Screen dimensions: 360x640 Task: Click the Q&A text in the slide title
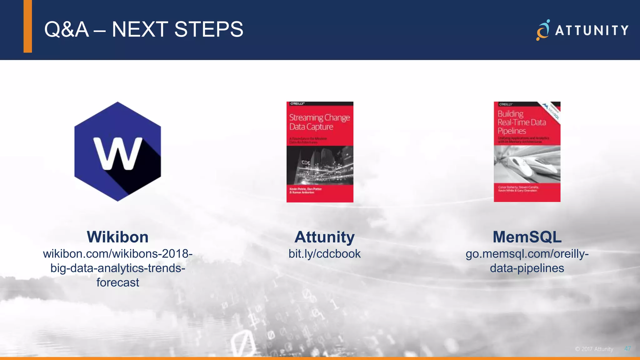pos(67,30)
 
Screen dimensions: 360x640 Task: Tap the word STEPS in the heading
pos(208,30)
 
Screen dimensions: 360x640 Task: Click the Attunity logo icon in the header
pos(543,30)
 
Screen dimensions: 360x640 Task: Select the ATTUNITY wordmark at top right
pos(592,31)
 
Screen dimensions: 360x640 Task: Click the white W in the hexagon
pos(118,153)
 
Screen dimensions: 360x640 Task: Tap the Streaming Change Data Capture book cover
pos(320,152)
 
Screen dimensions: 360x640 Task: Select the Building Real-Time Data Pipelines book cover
pos(527,152)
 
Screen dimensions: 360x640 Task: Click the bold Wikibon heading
pos(117,237)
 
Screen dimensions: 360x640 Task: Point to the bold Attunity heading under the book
pos(324,237)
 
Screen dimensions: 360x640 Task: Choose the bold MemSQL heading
pos(527,237)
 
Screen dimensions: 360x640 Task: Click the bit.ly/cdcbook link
pos(324,254)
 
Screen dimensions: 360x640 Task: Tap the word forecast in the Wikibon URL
pos(117,282)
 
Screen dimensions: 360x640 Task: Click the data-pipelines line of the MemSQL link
pos(527,268)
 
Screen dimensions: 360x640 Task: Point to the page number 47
pos(627,349)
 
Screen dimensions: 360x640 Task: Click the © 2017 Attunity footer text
pos(594,349)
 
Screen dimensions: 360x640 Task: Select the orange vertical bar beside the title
pos(28,26)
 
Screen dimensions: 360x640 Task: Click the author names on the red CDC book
pos(305,191)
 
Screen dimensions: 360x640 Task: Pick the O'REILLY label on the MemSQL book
pos(506,104)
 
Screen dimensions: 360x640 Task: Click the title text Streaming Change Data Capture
pos(319,122)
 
